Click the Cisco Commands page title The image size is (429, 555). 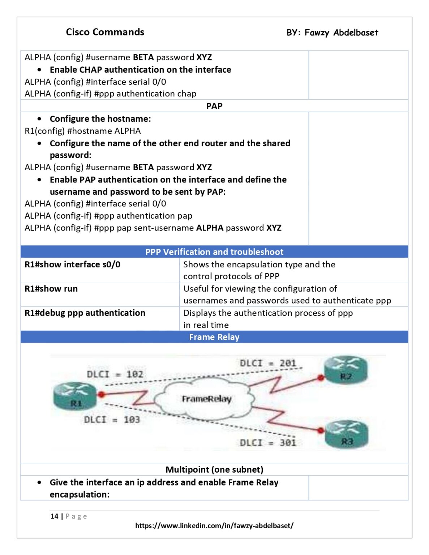tap(105, 32)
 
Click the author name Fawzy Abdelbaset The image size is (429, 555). tap(341, 33)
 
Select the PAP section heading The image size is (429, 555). tap(214, 106)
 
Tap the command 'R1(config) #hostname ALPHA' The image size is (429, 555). tap(83, 131)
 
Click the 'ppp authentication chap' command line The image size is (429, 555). tap(110, 94)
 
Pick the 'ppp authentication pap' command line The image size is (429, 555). tap(108, 216)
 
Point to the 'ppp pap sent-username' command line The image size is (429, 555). tap(153, 228)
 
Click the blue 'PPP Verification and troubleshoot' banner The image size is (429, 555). tap(214, 252)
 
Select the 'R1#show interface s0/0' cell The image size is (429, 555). tap(72, 264)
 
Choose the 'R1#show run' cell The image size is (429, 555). tap(51, 289)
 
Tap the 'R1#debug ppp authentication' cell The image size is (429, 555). tap(85, 313)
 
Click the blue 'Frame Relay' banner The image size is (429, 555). tap(214, 337)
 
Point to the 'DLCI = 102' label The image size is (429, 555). tap(115, 374)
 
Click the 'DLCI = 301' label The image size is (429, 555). tap(268, 443)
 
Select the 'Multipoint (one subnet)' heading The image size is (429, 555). tap(214, 469)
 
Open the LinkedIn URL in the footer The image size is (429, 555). tap(214, 526)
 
